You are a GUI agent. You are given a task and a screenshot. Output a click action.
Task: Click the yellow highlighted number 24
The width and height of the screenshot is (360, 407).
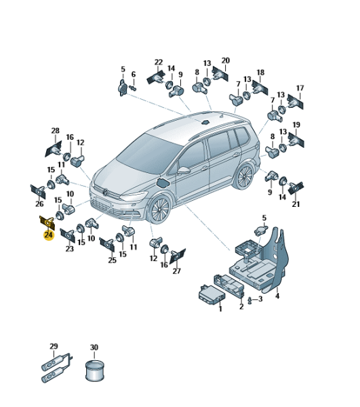click(49, 235)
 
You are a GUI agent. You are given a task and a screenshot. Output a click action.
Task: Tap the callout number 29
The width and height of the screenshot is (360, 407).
click(54, 346)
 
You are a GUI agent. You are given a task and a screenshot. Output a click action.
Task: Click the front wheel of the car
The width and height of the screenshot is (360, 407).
click(159, 210)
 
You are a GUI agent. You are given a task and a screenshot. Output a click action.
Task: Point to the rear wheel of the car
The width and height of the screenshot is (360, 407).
click(244, 176)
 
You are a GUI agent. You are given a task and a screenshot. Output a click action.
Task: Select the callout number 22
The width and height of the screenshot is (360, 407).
click(159, 62)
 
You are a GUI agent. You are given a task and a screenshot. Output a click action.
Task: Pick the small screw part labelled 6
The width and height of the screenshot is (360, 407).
click(134, 88)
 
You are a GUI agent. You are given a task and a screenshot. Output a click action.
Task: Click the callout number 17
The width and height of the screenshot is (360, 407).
click(300, 88)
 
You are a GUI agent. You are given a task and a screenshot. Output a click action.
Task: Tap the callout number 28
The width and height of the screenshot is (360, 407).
click(55, 130)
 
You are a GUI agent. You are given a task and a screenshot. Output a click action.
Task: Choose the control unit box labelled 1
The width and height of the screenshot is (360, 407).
click(212, 295)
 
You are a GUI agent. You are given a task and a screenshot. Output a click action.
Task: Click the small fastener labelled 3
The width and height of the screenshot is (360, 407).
click(249, 301)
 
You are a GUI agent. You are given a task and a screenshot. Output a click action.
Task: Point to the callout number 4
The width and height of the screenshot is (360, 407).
click(277, 296)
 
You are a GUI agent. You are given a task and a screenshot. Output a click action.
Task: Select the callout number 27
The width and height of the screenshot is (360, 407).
click(177, 271)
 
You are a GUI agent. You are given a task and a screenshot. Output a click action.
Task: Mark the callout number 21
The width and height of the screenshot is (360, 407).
click(296, 204)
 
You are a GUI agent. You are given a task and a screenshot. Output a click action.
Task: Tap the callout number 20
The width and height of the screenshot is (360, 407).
click(226, 60)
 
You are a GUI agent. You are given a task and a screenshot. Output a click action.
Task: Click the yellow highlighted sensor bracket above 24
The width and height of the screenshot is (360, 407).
click(47, 222)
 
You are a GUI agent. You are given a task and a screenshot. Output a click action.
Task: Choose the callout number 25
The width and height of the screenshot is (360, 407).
click(113, 260)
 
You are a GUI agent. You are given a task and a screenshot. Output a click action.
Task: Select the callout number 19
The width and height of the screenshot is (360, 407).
click(296, 125)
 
